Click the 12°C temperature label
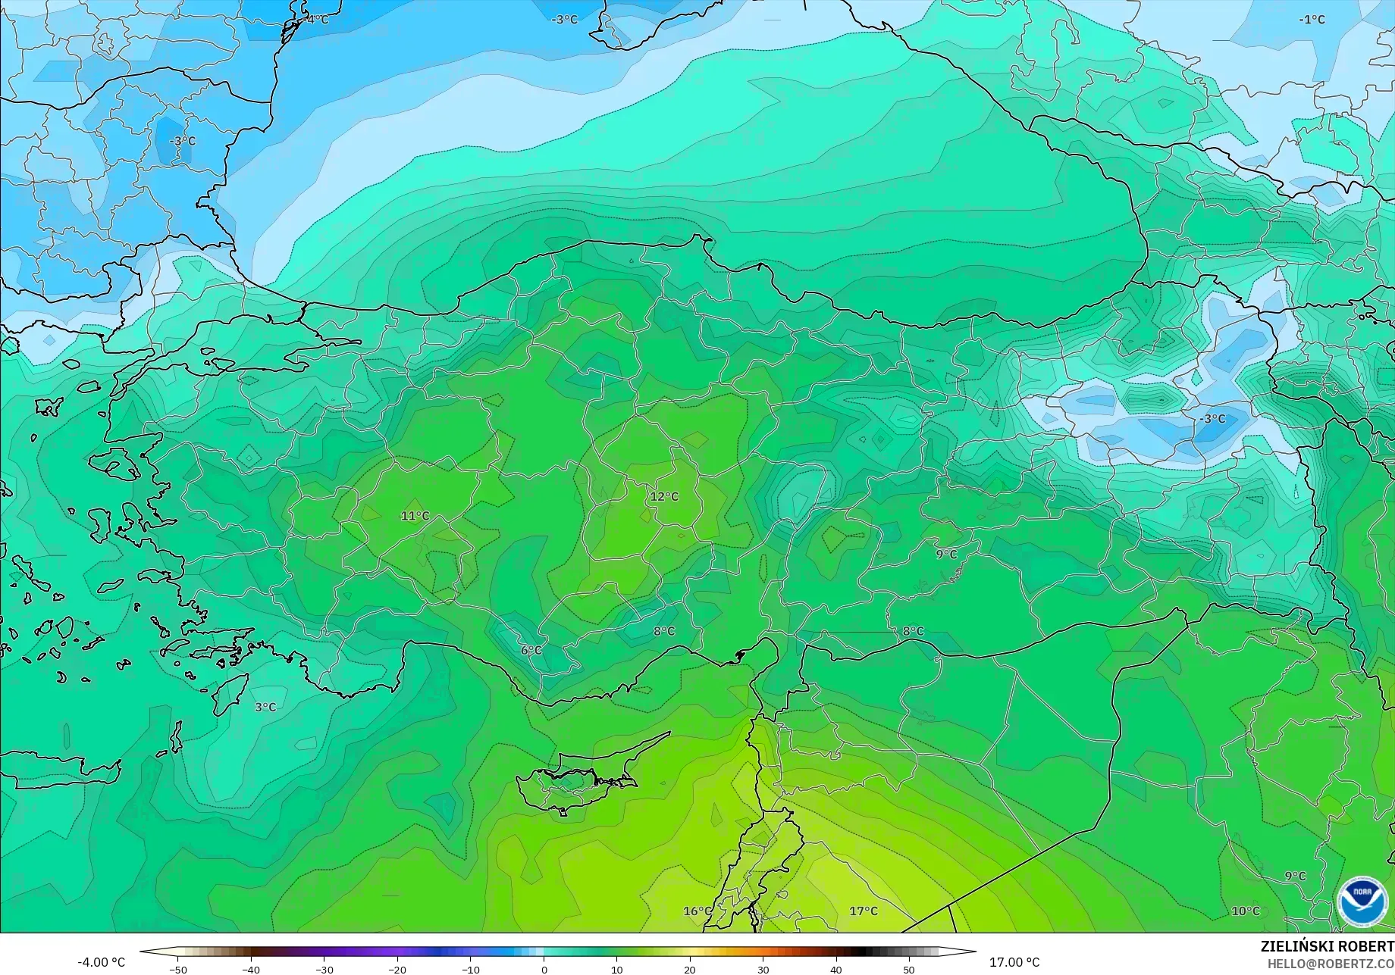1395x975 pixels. click(664, 497)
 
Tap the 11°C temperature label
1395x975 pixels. click(415, 517)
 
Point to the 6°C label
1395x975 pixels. click(531, 651)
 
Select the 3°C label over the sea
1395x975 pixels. click(265, 708)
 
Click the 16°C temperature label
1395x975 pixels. click(697, 911)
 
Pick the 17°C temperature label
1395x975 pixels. click(863, 911)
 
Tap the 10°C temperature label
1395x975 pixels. click(1245, 911)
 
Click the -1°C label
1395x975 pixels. click(1312, 20)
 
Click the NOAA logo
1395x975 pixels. click(1362, 902)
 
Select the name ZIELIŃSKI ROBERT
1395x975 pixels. click(1327, 947)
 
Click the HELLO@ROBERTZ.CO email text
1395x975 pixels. click(1331, 964)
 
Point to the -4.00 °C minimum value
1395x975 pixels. click(102, 963)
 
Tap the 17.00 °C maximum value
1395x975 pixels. click(1014, 963)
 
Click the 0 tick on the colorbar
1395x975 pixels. click(544, 970)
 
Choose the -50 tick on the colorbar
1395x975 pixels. click(177, 970)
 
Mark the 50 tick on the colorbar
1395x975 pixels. click(909, 970)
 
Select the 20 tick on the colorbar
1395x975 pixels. click(690, 970)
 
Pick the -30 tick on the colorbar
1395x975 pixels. click(324, 970)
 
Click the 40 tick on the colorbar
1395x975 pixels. click(835, 970)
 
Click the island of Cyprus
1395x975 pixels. click(576, 780)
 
